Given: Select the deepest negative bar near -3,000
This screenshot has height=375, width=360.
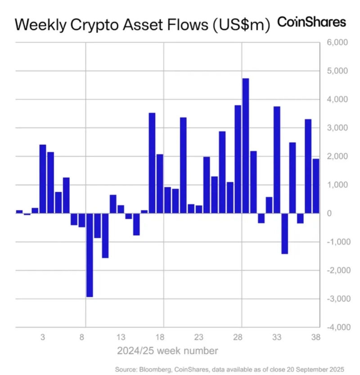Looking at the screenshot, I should (x=89, y=255).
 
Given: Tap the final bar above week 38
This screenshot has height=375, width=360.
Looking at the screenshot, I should (x=316, y=186).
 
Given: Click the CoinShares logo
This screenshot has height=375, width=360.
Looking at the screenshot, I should (x=312, y=22).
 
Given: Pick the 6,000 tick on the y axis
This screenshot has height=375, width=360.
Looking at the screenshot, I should (x=334, y=43).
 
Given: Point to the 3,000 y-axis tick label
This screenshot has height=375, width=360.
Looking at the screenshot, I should (x=334, y=128).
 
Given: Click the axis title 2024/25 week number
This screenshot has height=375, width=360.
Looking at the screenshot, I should (x=167, y=350).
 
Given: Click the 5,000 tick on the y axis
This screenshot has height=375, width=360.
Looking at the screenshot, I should (x=334, y=71).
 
